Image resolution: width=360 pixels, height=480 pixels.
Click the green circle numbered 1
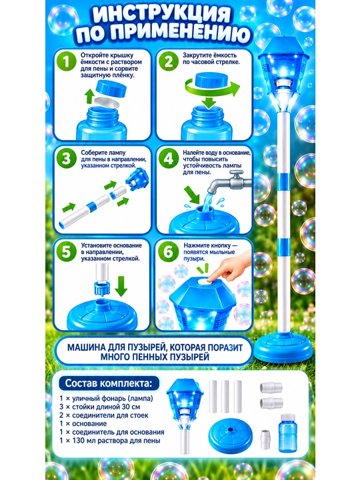(x=66, y=61)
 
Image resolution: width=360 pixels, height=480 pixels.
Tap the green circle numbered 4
(x=169, y=159)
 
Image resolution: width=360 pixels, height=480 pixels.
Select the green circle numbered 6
(x=169, y=251)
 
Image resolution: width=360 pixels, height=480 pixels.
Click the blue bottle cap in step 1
(x=111, y=87)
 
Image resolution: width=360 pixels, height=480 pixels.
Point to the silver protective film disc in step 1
(x=106, y=102)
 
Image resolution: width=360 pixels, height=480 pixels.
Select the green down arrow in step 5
(x=121, y=286)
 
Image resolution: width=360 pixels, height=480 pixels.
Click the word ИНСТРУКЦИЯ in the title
(x=161, y=14)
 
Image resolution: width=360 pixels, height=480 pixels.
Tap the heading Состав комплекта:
(x=109, y=383)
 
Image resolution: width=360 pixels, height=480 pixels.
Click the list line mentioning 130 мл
(x=110, y=441)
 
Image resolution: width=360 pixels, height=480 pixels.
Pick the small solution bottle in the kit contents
(x=287, y=433)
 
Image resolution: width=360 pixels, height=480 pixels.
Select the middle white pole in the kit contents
(x=225, y=397)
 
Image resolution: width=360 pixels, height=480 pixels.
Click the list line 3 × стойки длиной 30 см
(x=100, y=407)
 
